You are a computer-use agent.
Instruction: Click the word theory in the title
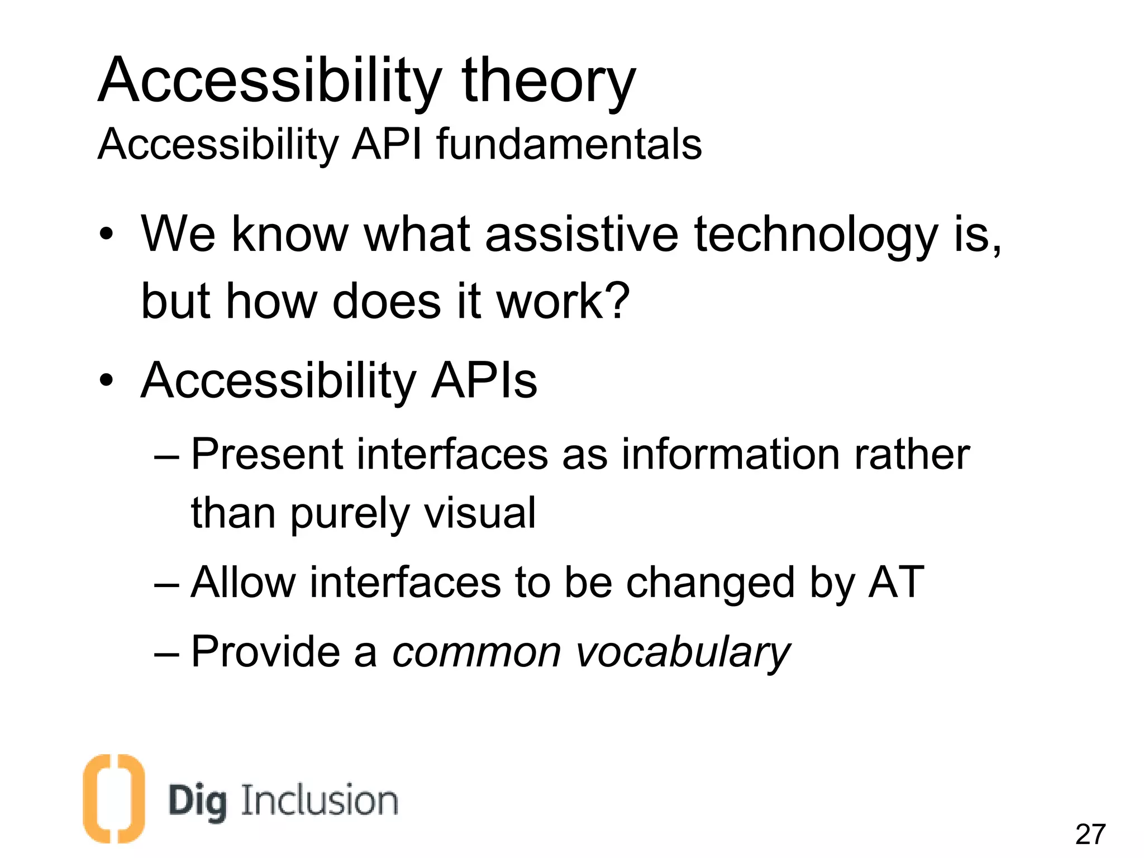tap(548, 82)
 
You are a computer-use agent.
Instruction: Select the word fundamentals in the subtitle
tap(568, 144)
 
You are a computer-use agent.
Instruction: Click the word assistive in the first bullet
tap(581, 234)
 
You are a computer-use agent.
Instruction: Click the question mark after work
tap(617, 301)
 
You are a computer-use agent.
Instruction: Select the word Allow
tap(242, 583)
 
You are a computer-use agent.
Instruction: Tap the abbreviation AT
tap(895, 583)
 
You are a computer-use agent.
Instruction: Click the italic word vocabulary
tap(683, 652)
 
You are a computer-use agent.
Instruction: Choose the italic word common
tap(476, 652)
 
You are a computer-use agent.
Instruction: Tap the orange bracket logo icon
tap(113, 798)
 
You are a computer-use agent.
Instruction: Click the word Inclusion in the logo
tap(319, 800)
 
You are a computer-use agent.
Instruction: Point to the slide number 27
tap(1090, 835)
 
